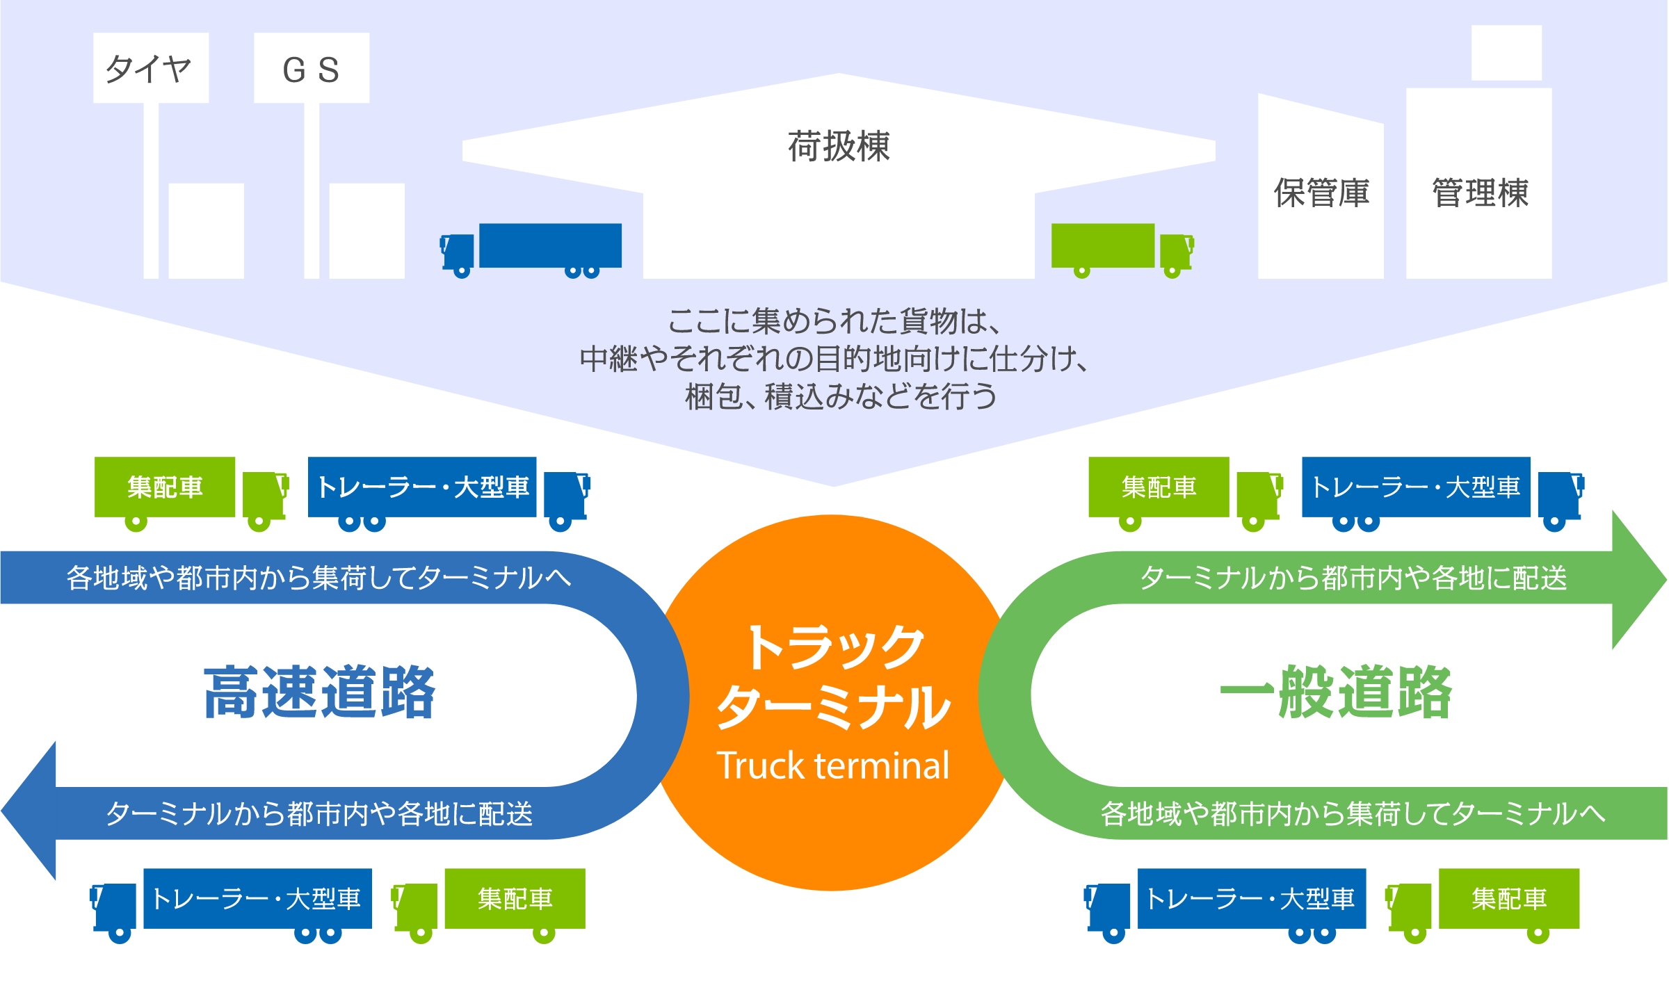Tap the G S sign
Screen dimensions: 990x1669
coord(311,69)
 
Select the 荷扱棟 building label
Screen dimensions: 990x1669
coord(838,147)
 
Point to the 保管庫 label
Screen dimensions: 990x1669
coord(1321,193)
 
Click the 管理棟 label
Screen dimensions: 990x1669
coord(1480,193)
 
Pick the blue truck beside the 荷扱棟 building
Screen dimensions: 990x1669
coord(532,249)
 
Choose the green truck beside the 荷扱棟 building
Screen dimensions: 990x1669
coord(1122,249)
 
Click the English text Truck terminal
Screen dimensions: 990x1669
coord(832,765)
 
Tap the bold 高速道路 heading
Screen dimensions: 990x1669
coord(319,692)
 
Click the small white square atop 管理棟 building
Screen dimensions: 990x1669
coord(1506,53)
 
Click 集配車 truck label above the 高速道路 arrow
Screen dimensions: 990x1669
coord(165,487)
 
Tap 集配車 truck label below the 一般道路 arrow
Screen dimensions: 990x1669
coord(1508,898)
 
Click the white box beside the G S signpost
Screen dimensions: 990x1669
coord(366,231)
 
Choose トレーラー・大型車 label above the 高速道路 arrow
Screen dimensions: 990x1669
coord(422,487)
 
